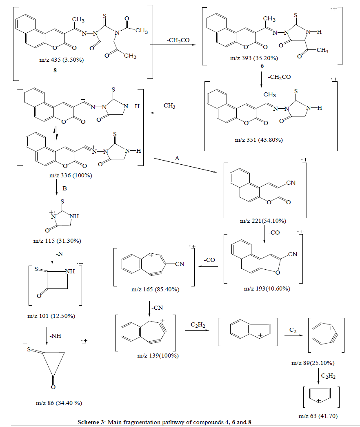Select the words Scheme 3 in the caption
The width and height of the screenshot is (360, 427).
[91, 422]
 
